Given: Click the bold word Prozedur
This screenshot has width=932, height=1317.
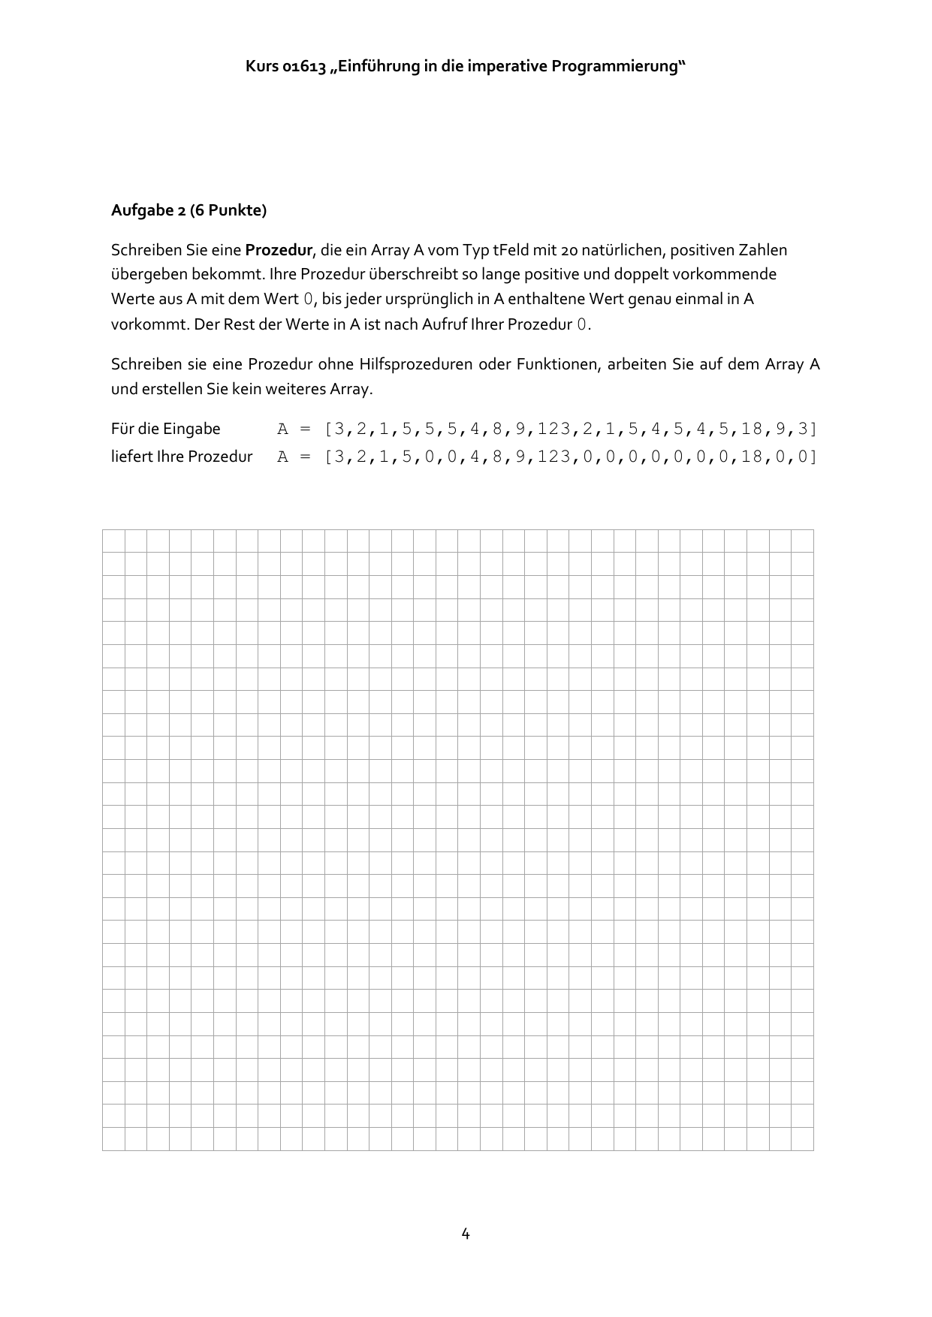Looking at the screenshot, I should click(279, 250).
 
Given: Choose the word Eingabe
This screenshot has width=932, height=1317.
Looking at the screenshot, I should click(192, 429).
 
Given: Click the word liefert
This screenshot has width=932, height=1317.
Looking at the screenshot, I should click(131, 457).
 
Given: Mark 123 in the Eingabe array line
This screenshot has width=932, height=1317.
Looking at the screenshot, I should click(553, 429).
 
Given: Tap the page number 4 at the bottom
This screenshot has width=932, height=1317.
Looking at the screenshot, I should click(466, 1234).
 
